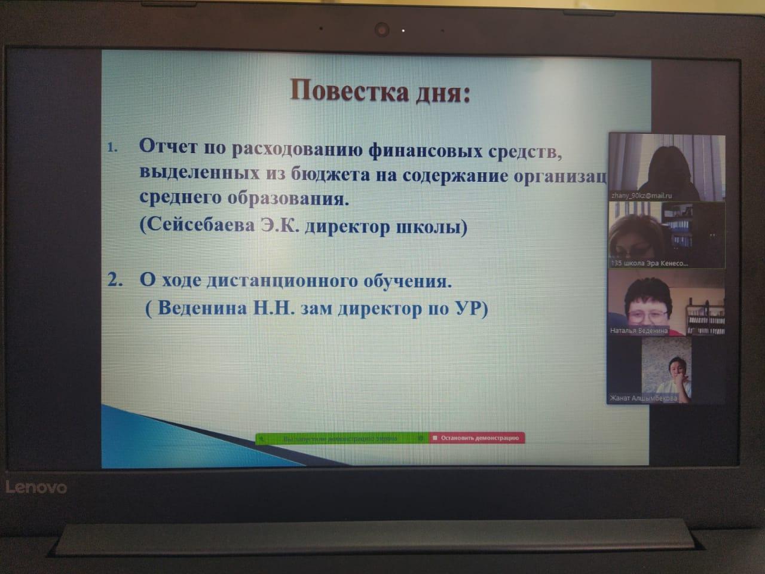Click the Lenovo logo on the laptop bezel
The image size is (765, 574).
36,487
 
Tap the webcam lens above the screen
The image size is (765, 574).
382,29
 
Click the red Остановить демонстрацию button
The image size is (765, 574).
477,438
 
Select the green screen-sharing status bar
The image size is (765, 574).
341,438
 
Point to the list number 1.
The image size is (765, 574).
113,147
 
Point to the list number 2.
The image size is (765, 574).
115,280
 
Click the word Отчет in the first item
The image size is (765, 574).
169,146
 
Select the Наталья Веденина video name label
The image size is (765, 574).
639,330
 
